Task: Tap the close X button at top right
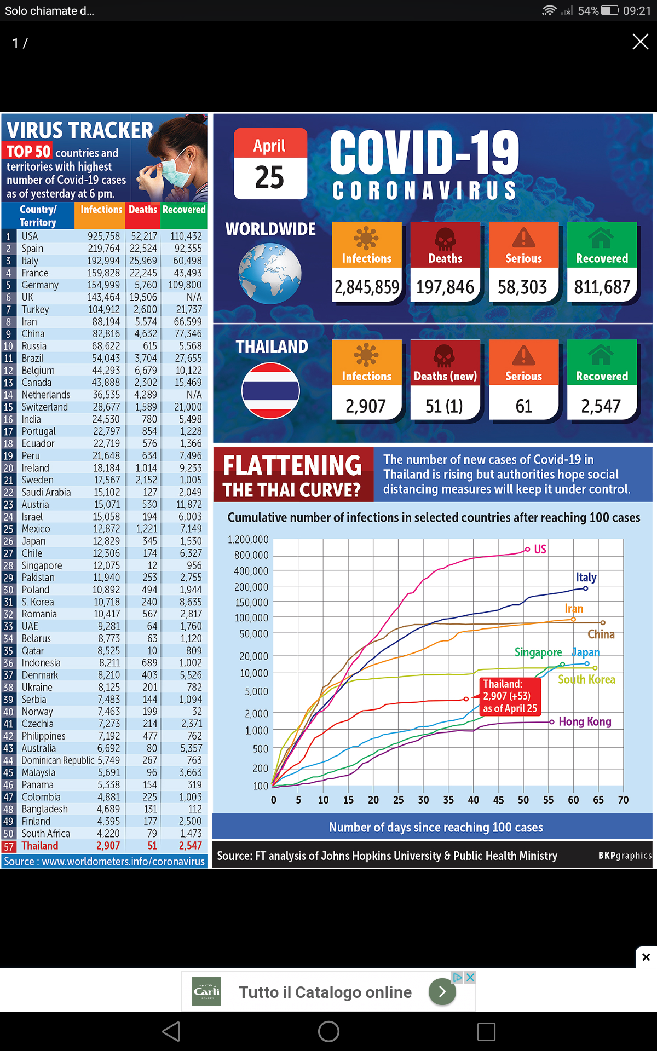[x=640, y=42]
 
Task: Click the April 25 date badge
[x=270, y=164]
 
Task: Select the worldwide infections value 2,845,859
[x=367, y=287]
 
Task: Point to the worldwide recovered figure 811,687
[x=602, y=287]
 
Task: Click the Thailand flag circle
[x=270, y=391]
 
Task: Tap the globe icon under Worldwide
[x=270, y=274]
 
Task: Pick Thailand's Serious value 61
[x=523, y=406]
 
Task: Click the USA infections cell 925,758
[x=103, y=236]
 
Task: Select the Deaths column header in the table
[x=143, y=210]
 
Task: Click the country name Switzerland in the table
[x=45, y=407]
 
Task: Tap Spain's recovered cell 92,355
[x=188, y=249]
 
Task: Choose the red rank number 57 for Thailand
[x=9, y=846]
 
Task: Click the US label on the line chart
[x=540, y=549]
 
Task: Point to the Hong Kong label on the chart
[x=585, y=721]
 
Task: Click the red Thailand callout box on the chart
[x=510, y=696]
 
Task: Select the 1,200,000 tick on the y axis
[x=248, y=540]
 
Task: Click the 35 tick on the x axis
[x=448, y=800]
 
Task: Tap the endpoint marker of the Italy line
[x=585, y=588]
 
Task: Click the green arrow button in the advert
[x=442, y=991]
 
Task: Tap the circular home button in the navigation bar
[x=328, y=1032]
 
